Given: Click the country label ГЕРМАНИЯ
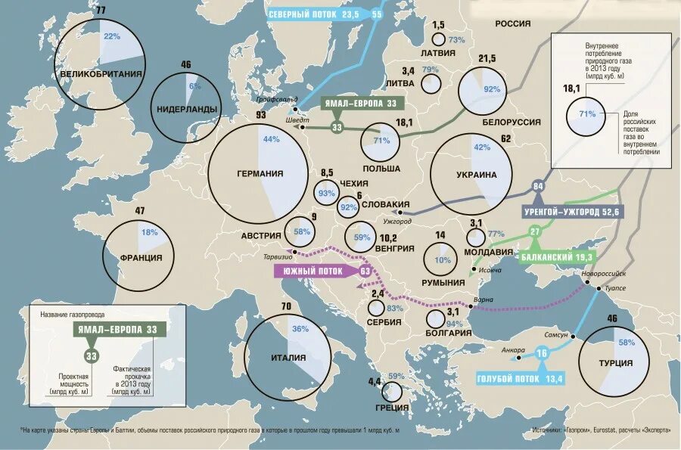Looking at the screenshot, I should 260,173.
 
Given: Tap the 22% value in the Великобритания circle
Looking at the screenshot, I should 112,36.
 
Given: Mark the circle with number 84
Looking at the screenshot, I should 539,187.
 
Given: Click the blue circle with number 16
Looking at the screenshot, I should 541,353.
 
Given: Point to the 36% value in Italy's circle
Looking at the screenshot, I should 300,329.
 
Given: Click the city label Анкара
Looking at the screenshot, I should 512,349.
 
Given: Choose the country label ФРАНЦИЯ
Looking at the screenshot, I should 141,257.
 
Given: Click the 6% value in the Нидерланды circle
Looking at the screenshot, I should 194,86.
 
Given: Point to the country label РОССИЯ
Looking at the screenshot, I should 513,23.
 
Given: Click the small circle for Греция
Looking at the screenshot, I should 392,391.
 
